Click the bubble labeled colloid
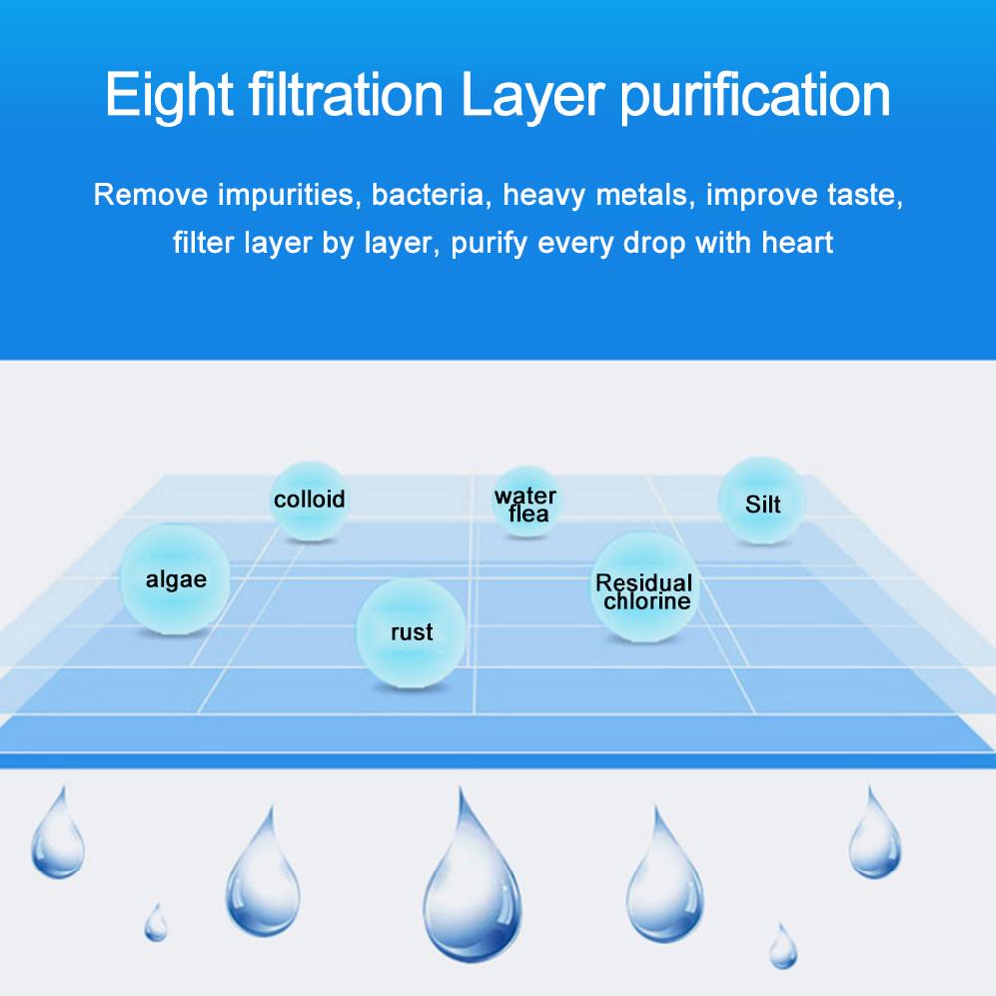pos(310,499)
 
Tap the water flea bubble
pos(527,503)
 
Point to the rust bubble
pos(410,630)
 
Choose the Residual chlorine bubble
pos(644,590)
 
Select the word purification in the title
pos(755,96)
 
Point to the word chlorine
pos(646,601)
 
